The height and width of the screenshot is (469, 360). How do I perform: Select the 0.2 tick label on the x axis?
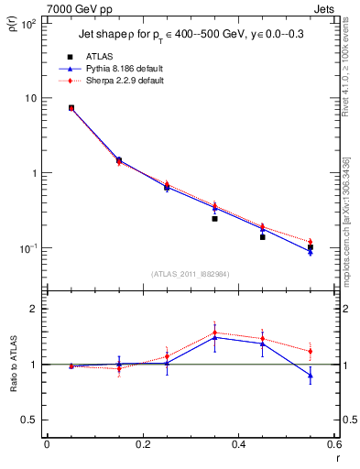click(x=142, y=445)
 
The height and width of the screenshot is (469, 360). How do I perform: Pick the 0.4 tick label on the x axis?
click(x=238, y=445)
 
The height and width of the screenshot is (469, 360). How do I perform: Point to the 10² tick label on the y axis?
click(x=29, y=24)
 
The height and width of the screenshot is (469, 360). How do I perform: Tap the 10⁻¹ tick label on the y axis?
click(x=28, y=248)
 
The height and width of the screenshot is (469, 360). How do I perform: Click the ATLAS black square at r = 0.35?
click(x=214, y=219)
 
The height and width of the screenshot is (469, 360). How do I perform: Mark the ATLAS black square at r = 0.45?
click(x=262, y=236)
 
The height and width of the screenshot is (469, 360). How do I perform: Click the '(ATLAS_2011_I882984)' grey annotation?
click(x=191, y=274)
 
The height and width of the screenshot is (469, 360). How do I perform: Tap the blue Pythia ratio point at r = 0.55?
click(x=311, y=375)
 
